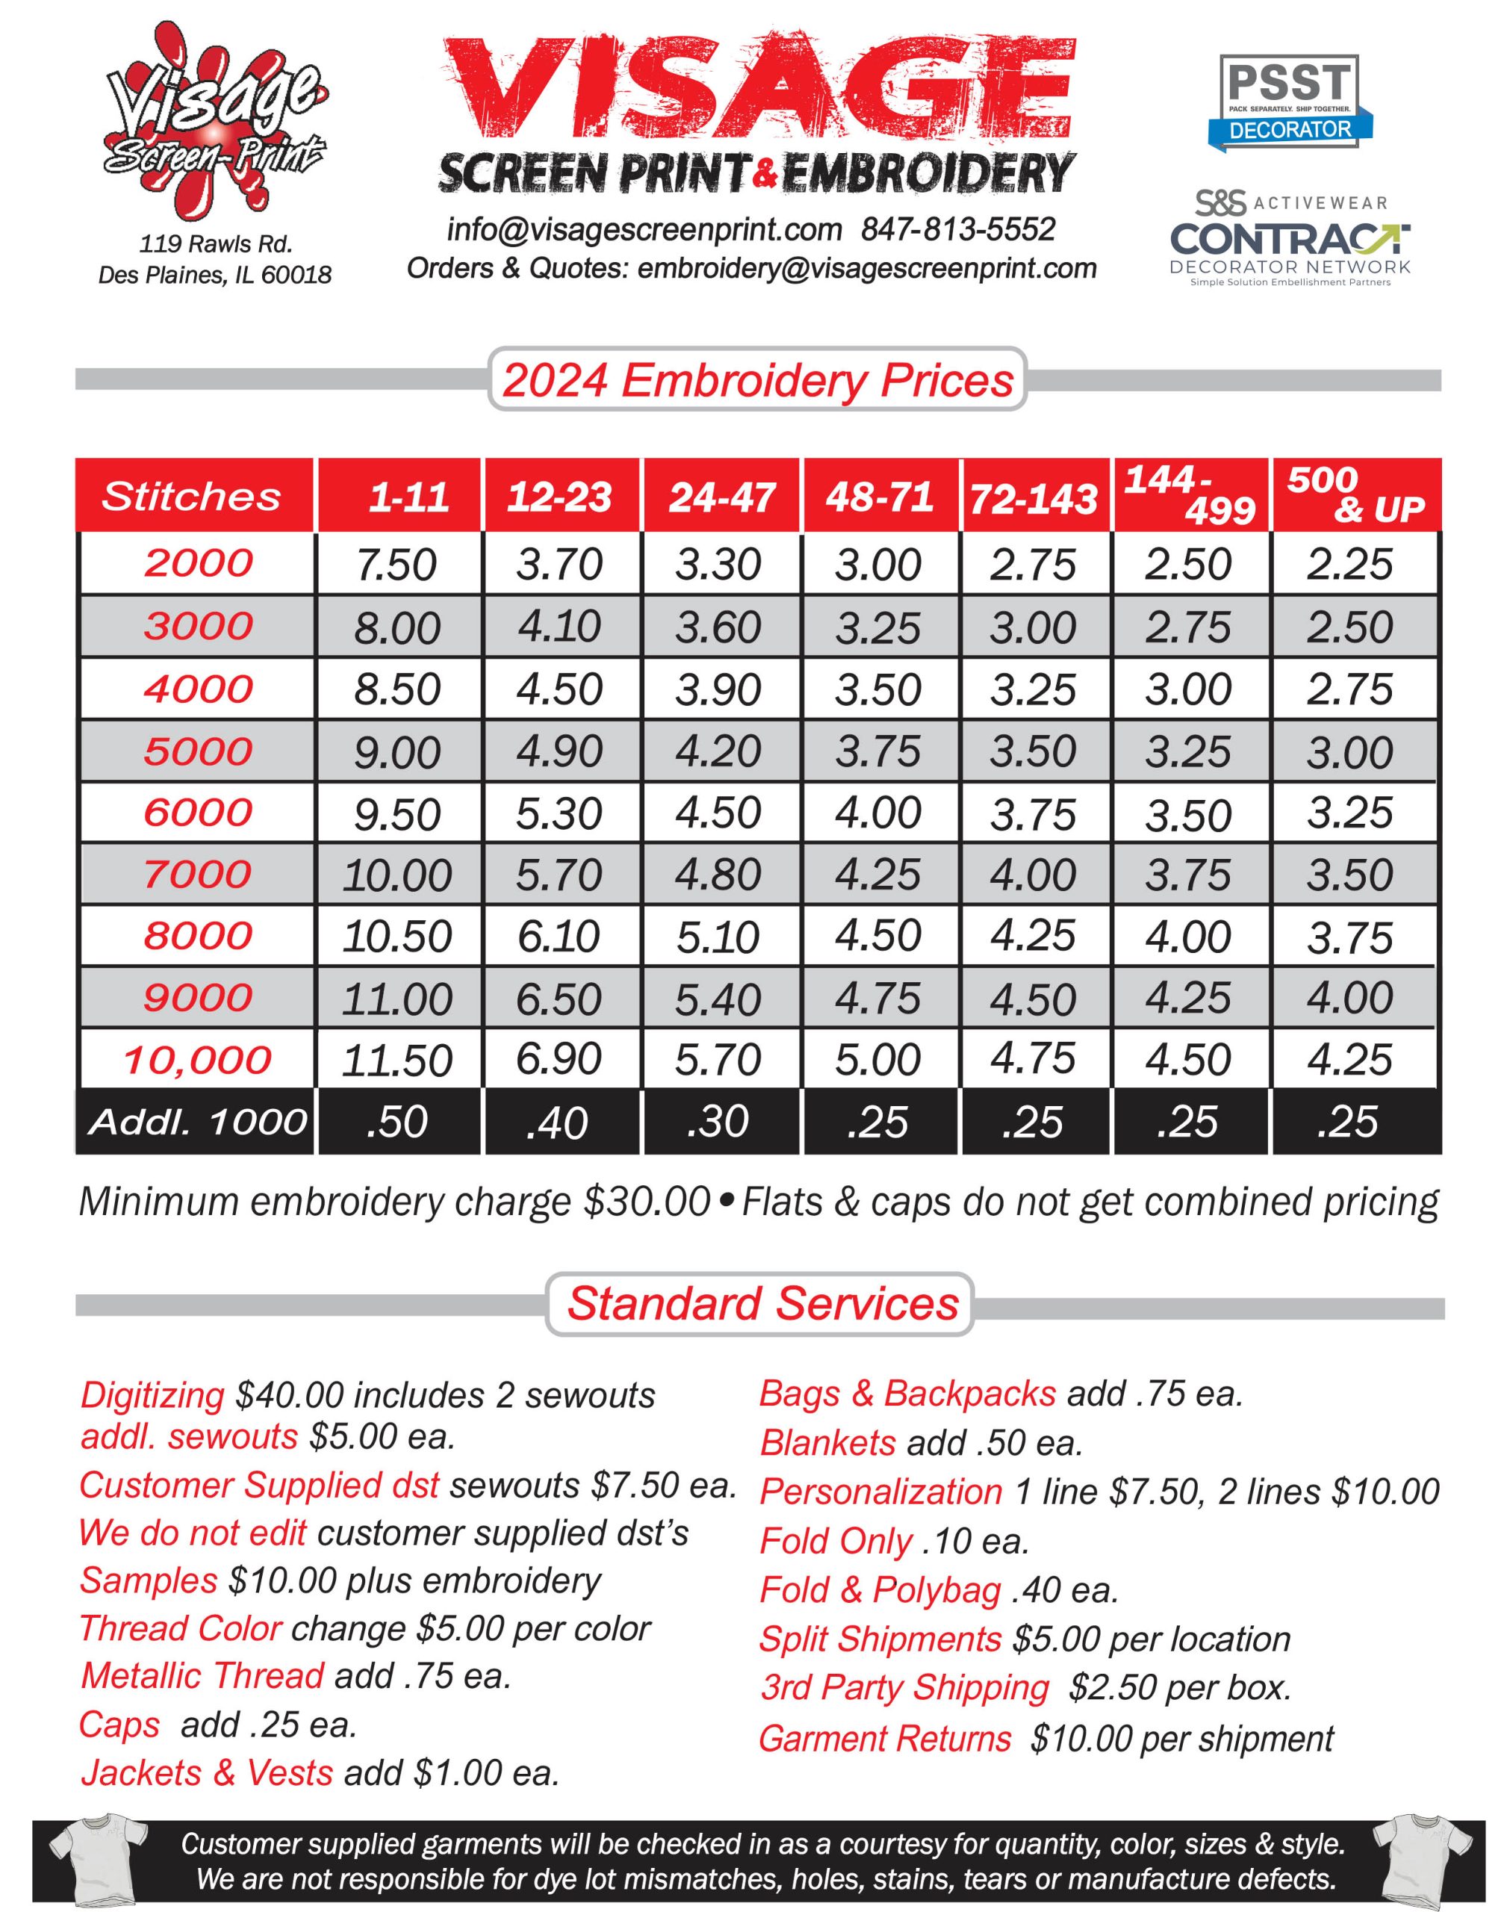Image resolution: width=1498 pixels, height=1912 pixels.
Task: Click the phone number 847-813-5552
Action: click(958, 230)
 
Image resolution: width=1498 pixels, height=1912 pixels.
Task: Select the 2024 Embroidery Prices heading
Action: click(758, 381)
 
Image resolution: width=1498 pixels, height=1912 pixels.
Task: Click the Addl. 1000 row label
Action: click(197, 1122)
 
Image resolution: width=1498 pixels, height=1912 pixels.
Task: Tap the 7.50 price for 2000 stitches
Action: click(397, 565)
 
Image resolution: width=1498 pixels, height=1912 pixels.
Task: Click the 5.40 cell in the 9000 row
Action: click(718, 1000)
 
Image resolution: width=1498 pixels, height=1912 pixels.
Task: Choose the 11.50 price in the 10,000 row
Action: click(397, 1061)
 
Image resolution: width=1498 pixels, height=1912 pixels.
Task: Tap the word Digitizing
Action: click(152, 1395)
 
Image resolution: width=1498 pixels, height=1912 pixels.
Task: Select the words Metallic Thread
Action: click(202, 1676)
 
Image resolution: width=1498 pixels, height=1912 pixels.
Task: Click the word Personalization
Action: click(880, 1492)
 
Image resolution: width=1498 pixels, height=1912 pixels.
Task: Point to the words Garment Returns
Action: click(885, 1739)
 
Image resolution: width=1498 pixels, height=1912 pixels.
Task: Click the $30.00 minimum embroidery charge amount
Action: click(647, 1202)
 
